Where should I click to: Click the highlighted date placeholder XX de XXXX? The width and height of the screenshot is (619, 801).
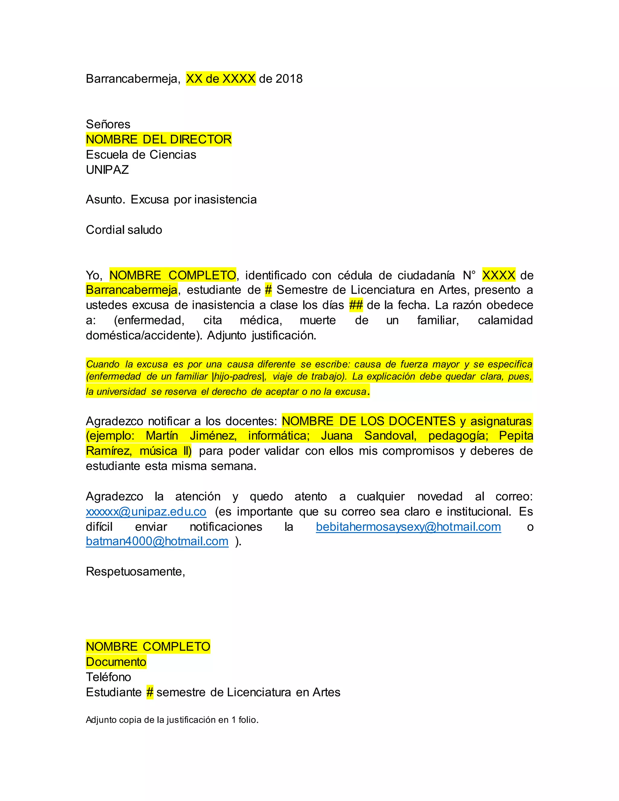(x=220, y=79)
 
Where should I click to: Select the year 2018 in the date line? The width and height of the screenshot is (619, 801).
(x=289, y=79)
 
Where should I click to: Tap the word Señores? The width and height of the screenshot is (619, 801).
(x=108, y=124)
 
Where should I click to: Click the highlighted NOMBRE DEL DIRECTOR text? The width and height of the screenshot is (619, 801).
(x=158, y=139)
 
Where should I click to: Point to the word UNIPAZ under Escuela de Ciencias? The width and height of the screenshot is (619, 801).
(x=107, y=170)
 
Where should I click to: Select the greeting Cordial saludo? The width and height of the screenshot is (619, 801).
(x=124, y=230)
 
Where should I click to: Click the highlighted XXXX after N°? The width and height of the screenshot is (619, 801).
(x=498, y=275)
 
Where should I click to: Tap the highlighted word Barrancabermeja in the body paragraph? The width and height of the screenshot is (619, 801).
(x=132, y=290)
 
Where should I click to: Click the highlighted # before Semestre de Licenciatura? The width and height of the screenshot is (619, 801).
(x=268, y=290)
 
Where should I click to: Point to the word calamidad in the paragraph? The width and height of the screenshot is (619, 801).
(x=505, y=320)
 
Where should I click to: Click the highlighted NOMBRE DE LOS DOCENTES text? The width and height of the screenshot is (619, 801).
(x=368, y=421)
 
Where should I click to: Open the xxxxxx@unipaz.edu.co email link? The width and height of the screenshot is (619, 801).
(x=146, y=512)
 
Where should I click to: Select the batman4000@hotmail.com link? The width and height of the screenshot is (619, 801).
(x=157, y=541)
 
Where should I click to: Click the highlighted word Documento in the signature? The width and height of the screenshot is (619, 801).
(x=116, y=662)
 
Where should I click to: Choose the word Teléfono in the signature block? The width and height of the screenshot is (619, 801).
(x=108, y=677)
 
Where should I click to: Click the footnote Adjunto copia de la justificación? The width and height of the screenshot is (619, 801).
(x=172, y=720)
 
